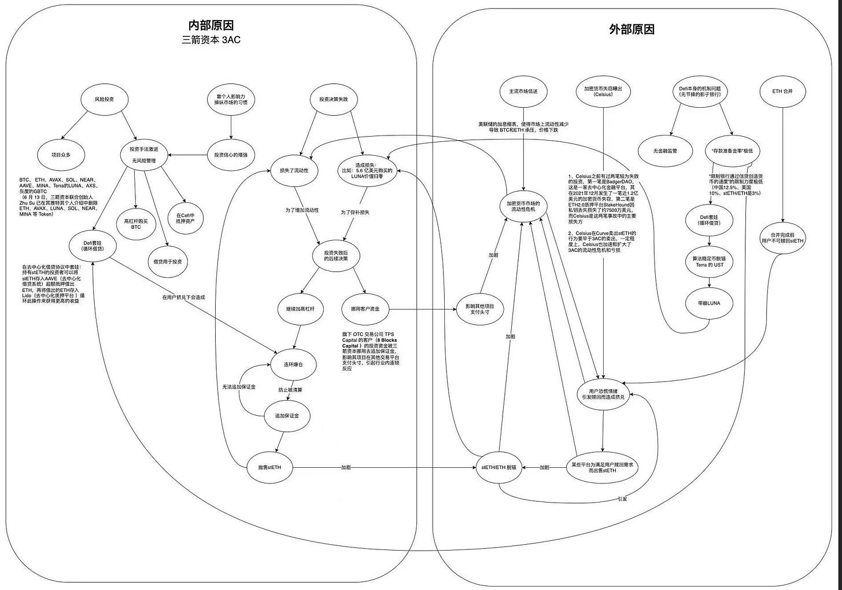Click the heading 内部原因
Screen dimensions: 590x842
[211, 25]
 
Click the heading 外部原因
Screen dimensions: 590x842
[632, 30]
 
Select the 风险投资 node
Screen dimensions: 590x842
[104, 99]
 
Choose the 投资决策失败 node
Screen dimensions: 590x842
[334, 99]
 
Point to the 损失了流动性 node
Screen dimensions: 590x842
[294, 171]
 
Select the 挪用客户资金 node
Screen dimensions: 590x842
[365, 309]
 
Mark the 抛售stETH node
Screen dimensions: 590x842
[269, 467]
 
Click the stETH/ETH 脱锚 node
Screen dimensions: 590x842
[498, 467]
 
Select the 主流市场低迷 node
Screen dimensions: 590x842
[523, 91]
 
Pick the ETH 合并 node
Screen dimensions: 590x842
[782, 91]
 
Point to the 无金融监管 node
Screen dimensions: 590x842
[665, 151]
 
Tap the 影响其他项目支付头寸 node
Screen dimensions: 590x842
[480, 309]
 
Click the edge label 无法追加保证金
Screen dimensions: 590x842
[239, 387]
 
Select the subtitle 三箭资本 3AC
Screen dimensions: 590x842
[211, 40]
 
